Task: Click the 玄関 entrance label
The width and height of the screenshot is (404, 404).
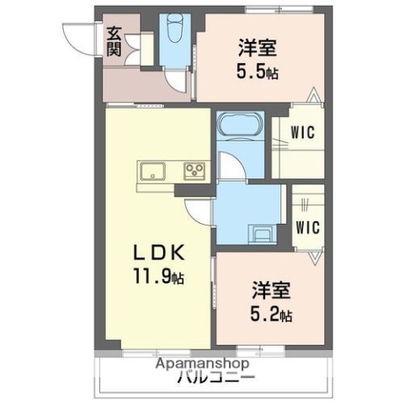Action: pos(114,41)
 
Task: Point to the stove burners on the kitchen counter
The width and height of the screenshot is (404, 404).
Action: pos(195,172)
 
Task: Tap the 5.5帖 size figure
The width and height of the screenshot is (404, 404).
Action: pos(256,72)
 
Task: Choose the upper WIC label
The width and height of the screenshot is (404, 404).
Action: pos(303,131)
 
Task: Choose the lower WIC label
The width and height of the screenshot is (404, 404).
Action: pos(306,226)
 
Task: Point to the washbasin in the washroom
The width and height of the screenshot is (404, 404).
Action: pos(262,233)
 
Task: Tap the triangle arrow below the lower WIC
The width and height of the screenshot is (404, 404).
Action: pos(315,254)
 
